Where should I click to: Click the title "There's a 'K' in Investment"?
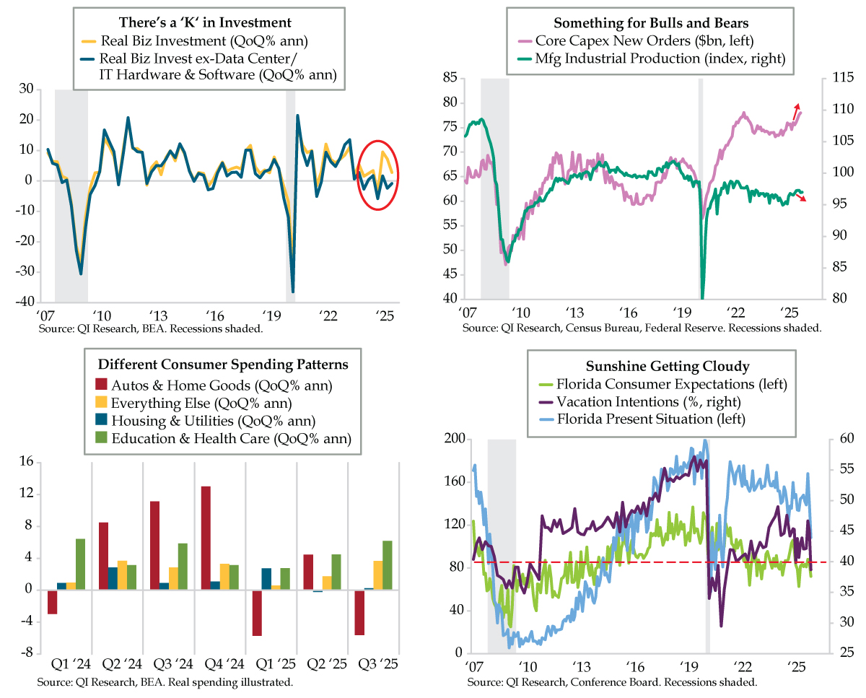[x=209, y=23]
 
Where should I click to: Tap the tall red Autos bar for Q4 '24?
[x=206, y=538]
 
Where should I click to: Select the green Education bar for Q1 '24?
[x=80, y=564]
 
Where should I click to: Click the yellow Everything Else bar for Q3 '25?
[x=378, y=575]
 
